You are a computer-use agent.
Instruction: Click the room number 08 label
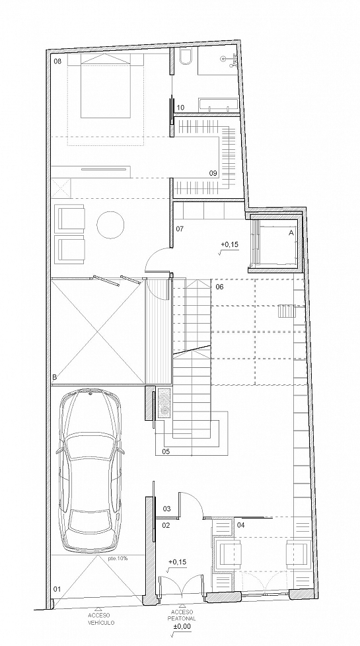(57, 61)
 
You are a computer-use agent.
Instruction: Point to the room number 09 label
(213, 174)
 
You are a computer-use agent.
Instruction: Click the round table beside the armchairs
(110, 224)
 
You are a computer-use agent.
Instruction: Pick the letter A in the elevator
(291, 233)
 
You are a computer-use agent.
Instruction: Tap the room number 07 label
(180, 229)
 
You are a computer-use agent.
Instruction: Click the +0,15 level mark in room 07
(229, 244)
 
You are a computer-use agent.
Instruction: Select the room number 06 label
(219, 287)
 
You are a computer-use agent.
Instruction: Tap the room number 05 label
(166, 452)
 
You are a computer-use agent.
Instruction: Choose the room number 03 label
(167, 509)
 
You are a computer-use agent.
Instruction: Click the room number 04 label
(241, 525)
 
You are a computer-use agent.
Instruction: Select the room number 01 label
(57, 589)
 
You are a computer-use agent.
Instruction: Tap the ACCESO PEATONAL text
(181, 616)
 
